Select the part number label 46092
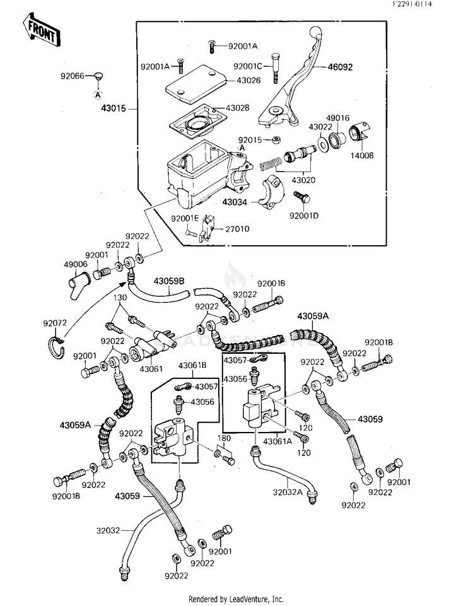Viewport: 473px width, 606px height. (340, 67)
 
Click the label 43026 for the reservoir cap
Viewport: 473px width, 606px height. (248, 80)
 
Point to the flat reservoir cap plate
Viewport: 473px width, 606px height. (196, 84)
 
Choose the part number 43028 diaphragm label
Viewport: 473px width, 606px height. (237, 108)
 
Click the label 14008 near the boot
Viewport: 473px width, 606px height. (362, 156)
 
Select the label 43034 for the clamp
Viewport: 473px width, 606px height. (235, 202)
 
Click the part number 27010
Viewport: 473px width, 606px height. (237, 229)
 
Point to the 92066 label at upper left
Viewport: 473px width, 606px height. (73, 76)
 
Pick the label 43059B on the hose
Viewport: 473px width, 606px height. (169, 281)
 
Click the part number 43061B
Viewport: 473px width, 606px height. (192, 365)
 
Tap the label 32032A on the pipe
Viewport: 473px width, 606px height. (288, 492)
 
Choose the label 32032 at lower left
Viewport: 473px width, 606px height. (108, 530)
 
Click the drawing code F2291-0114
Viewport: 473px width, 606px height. (412, 4)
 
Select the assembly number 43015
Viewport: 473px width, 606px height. (114, 108)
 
